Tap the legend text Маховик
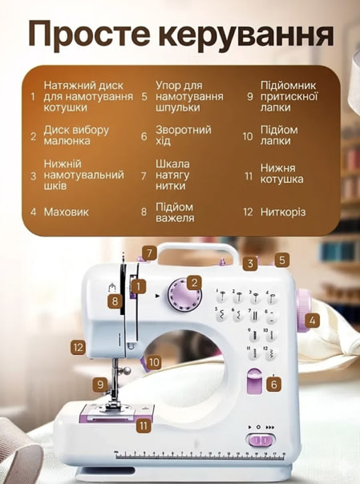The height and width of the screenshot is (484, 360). [x=66, y=212]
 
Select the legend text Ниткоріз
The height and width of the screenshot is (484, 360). [x=283, y=212]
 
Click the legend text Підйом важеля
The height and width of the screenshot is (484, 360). [x=174, y=212]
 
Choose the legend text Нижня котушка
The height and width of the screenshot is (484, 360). [x=281, y=174]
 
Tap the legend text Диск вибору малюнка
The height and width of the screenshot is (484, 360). [x=75, y=135]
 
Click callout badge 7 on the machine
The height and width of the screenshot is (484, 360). [x=148, y=252]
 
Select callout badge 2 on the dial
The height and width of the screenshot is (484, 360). [x=194, y=283]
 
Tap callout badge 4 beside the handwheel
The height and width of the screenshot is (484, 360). [x=313, y=320]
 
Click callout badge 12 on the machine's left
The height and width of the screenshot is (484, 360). [x=78, y=348]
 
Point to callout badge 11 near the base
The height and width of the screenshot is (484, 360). [x=144, y=426]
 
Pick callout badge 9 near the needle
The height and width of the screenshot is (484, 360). [x=100, y=385]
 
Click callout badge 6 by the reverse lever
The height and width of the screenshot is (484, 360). [x=273, y=385]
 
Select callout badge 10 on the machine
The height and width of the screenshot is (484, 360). [x=154, y=362]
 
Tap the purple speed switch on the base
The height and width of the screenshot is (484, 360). [x=260, y=440]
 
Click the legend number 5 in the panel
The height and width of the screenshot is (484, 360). [x=144, y=97]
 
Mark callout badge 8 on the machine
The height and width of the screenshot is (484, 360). [x=115, y=301]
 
